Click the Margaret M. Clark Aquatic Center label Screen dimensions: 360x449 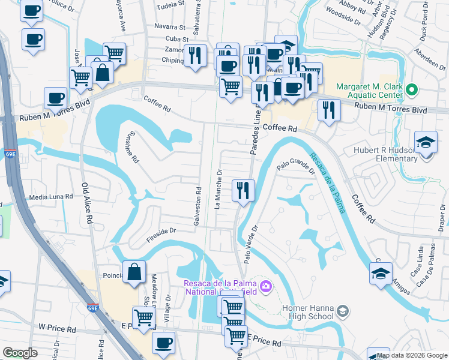[369, 91]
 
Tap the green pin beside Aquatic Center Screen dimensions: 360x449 [411, 91]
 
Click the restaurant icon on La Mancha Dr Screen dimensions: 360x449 [243, 191]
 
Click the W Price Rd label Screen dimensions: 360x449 [57, 329]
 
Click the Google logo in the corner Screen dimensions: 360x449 [20, 353]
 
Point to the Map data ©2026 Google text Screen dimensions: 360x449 [412, 355]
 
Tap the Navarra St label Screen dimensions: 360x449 [170, 27]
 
